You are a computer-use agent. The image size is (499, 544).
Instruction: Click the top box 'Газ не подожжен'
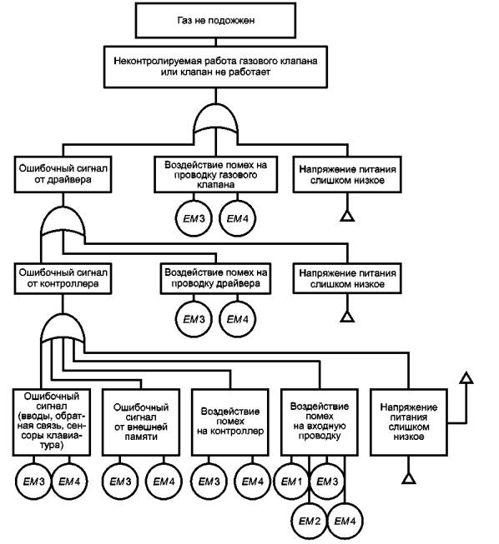tap(215, 21)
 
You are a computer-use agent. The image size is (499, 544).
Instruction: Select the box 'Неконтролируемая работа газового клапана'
tap(215, 67)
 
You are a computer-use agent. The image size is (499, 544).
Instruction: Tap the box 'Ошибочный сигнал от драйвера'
tap(63, 174)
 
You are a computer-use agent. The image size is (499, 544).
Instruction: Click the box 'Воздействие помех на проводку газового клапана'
tap(216, 174)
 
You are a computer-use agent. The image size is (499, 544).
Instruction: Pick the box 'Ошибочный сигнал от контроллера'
tap(63, 278)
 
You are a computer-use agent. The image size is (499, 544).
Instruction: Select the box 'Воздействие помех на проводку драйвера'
tap(215, 278)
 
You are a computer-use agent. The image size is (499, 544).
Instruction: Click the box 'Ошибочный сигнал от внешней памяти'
tap(141, 422)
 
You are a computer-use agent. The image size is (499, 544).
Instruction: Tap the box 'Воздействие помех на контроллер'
tap(230, 422)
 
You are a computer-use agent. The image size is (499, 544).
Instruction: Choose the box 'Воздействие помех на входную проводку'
tap(320, 422)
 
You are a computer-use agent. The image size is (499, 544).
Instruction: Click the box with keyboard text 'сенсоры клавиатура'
tap(52, 422)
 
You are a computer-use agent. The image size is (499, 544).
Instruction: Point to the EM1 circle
tap(291, 482)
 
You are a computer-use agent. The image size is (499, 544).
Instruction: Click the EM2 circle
tap(310, 522)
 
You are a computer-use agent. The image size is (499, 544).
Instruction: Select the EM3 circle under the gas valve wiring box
tap(194, 218)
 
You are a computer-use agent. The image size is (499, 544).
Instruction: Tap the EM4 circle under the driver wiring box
tap(238, 319)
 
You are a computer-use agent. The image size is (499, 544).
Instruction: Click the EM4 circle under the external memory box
tap(164, 482)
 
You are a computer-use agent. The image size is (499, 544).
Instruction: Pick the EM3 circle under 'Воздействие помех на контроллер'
tap(209, 482)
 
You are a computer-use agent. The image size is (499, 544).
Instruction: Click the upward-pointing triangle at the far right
tap(466, 378)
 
